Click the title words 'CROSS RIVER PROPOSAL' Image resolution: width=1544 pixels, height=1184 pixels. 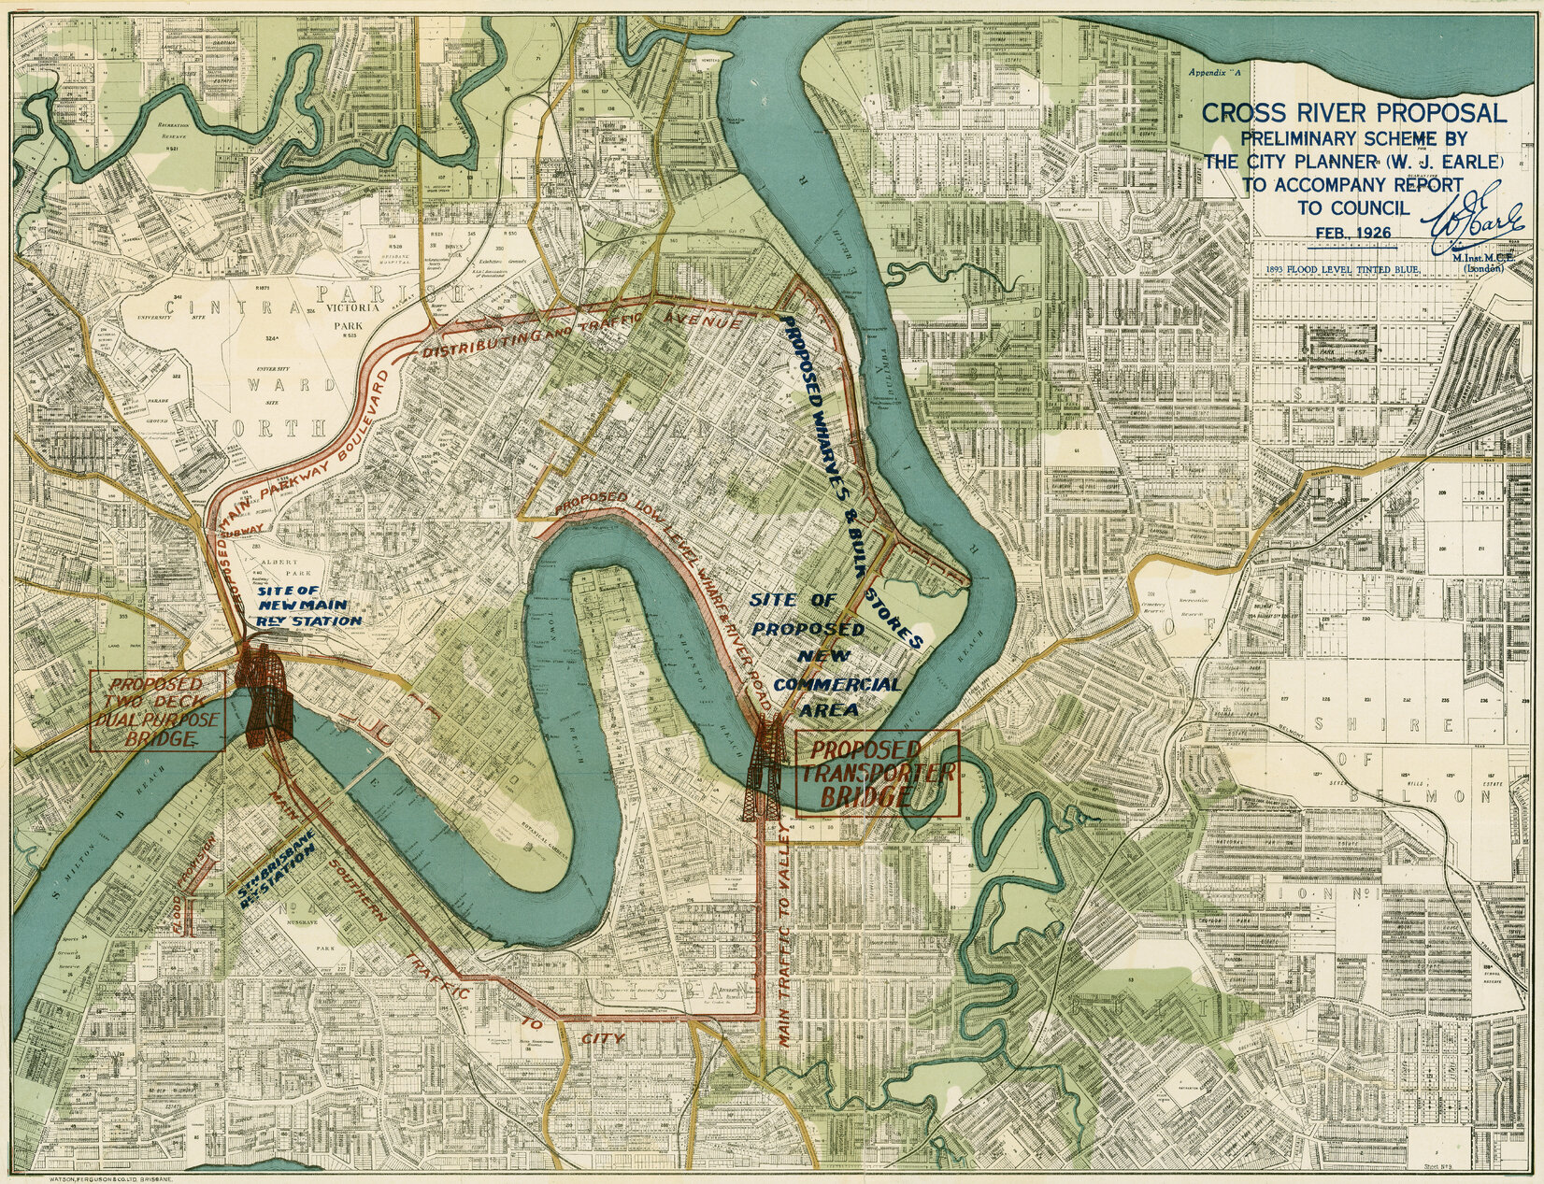pyautogui.click(x=1353, y=113)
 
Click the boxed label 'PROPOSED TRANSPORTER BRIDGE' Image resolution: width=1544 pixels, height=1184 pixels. pyautogui.click(x=876, y=775)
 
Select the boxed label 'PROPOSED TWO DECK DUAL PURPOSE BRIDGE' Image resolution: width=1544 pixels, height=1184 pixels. pyautogui.click(x=157, y=710)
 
